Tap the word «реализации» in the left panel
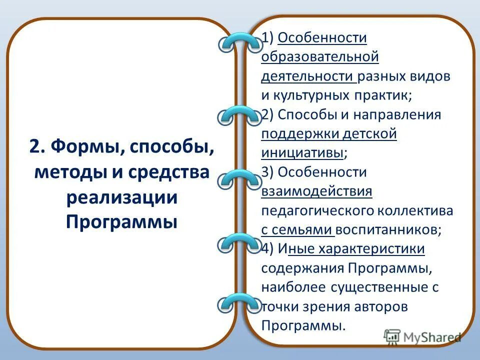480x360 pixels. pos(122,196)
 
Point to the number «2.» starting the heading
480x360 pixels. pos(37,148)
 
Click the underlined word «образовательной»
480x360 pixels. pos(320,57)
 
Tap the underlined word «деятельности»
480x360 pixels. pos(307,76)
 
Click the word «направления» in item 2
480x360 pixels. pos(398,114)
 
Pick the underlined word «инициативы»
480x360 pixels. pos(302,153)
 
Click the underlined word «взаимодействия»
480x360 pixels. pos(316,191)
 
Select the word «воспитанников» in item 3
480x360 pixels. pos(388,229)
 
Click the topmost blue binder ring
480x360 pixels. pos(240,43)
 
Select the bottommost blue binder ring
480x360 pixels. pos(240,303)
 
